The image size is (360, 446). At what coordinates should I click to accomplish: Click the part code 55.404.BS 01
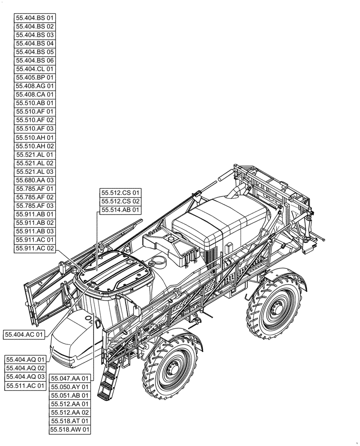[x=35, y=18]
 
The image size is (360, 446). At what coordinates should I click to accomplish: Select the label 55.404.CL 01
[x=35, y=69]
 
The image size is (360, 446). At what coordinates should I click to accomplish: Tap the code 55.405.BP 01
[x=35, y=78]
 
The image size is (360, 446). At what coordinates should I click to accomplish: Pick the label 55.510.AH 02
[x=35, y=146]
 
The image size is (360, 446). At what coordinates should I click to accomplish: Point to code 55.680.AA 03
[x=35, y=180]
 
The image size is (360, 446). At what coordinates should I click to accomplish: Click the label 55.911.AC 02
[x=35, y=248]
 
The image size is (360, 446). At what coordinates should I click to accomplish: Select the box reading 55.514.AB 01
[x=120, y=210]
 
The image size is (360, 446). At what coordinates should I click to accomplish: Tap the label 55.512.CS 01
[x=120, y=193]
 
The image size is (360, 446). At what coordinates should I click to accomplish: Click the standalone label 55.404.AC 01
[x=25, y=334]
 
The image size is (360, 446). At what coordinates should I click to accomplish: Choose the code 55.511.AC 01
[x=25, y=385]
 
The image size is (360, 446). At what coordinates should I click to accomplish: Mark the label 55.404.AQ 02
[x=25, y=368]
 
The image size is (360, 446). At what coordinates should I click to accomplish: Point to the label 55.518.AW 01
[x=70, y=429]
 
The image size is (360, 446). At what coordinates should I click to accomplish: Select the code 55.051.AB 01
[x=70, y=395]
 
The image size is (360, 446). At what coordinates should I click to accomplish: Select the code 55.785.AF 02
[x=35, y=197]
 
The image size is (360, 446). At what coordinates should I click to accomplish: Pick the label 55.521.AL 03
[x=35, y=171]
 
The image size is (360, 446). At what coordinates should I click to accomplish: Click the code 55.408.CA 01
[x=35, y=95]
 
